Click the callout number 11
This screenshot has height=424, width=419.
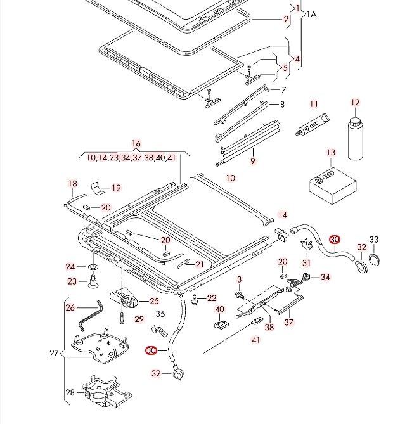click(x=314, y=103)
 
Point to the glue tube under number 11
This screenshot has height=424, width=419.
click(x=312, y=124)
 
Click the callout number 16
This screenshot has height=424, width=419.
click(x=136, y=144)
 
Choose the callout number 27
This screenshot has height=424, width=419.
click(x=54, y=353)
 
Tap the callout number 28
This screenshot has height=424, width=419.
click(x=70, y=392)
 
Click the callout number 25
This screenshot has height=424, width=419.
click(x=154, y=301)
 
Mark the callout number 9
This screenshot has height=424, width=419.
click(x=252, y=162)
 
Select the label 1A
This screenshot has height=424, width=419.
click(x=313, y=13)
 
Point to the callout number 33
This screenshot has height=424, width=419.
click(x=374, y=239)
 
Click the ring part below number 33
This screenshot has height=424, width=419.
click(x=375, y=260)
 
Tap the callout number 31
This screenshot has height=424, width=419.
click(x=307, y=263)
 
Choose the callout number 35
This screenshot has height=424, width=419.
click(x=160, y=313)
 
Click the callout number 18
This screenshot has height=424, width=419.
click(x=72, y=184)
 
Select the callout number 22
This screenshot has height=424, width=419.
click(x=212, y=298)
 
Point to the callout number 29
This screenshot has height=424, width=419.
click(x=139, y=318)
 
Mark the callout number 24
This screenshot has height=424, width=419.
click(x=70, y=267)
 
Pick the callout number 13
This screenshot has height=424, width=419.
click(x=330, y=153)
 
